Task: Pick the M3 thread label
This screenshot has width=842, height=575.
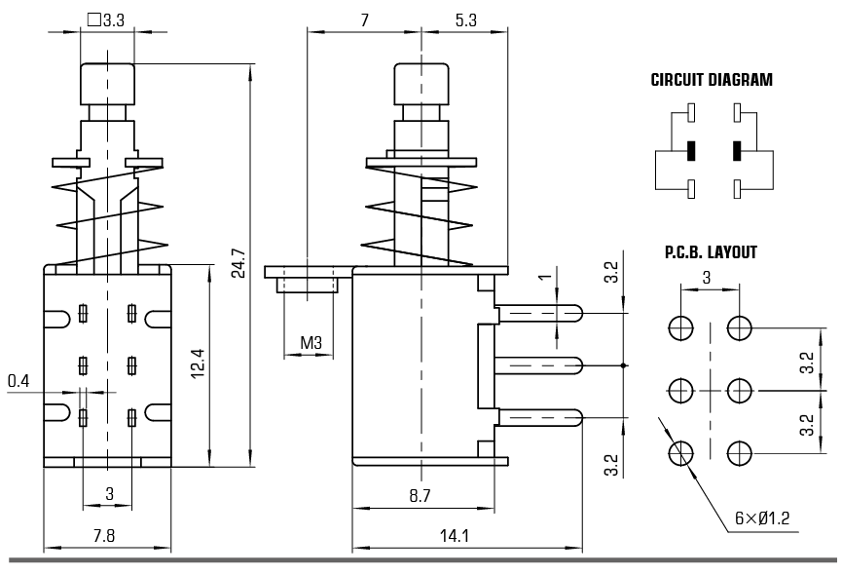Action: coord(311,342)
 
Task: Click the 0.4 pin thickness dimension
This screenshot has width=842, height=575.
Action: coord(18,380)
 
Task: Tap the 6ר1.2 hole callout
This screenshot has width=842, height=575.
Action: coord(767,518)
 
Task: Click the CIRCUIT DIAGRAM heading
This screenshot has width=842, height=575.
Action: coord(712,81)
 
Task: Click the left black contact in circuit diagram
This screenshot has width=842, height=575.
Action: coord(690,151)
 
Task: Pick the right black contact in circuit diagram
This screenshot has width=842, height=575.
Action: coord(737,151)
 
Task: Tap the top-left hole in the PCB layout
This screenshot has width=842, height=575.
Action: coord(680,326)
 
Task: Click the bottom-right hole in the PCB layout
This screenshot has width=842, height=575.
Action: coord(740,452)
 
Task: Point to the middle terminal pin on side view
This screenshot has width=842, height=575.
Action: coord(538,365)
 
